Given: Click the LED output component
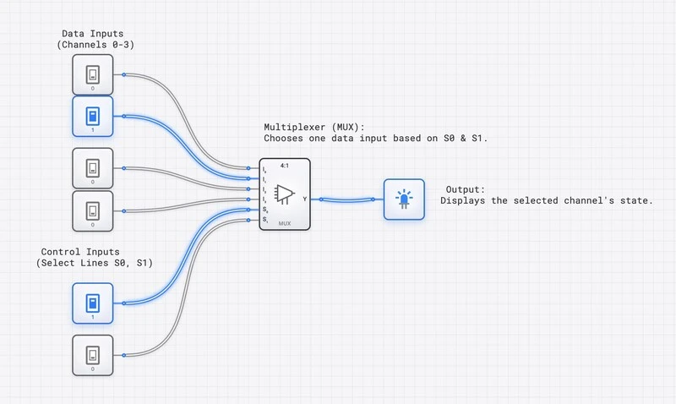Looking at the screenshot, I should pyautogui.click(x=404, y=199).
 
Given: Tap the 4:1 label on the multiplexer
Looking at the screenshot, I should pyautogui.click(x=285, y=166).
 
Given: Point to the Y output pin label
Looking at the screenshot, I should pyautogui.click(x=304, y=199).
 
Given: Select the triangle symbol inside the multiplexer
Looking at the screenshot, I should pyautogui.click(x=285, y=194).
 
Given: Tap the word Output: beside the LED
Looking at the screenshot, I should pyautogui.click(x=465, y=189).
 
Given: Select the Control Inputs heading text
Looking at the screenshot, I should pyautogui.click(x=80, y=252).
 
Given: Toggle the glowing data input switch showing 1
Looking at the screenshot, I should pyautogui.click(x=92, y=117).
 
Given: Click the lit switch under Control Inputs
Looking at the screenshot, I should pyautogui.click(x=92, y=303).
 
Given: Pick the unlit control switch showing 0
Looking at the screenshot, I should pyautogui.click(x=92, y=355).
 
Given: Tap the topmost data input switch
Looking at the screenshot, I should pyautogui.click(x=92, y=75).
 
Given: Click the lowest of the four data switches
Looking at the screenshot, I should pyautogui.click(x=92, y=211).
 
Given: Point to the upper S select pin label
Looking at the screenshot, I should pyautogui.click(x=264, y=210).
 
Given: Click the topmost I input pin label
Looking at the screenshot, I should pyautogui.click(x=264, y=169).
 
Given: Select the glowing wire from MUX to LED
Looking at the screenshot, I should pyautogui.click(x=346, y=200).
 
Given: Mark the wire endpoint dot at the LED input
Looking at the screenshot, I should pyautogui.click(x=373, y=199).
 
